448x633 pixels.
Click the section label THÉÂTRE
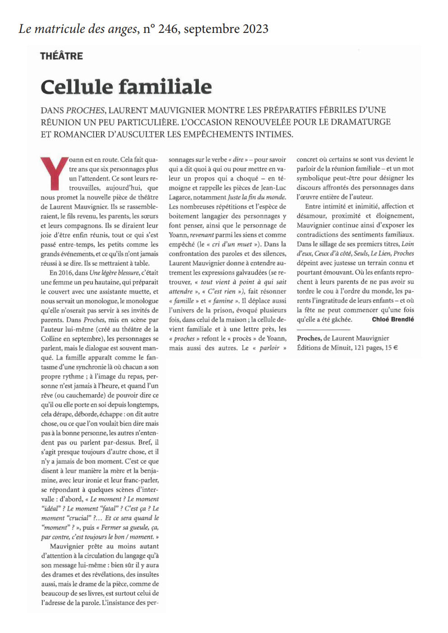pos(61,56)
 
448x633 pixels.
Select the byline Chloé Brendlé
pos(393,319)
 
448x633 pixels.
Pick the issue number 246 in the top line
pos(168,29)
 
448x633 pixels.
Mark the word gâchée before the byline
pos(342,319)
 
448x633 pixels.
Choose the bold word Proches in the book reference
pos(309,338)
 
